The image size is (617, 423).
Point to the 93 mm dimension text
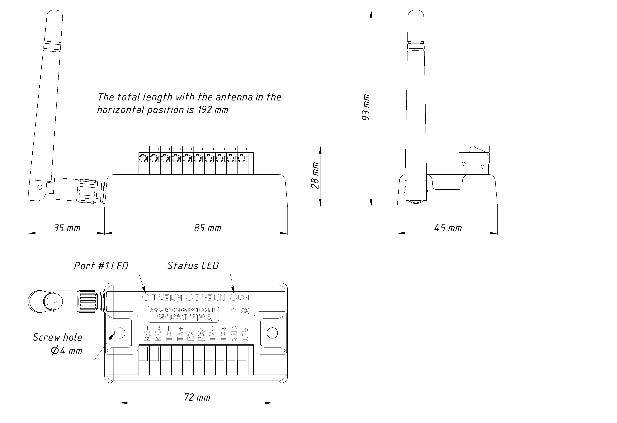(366, 107)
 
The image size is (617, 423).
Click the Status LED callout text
(193, 266)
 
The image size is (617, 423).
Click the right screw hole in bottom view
(272, 333)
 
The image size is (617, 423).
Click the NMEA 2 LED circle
(189, 297)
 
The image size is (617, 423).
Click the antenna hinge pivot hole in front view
(40, 187)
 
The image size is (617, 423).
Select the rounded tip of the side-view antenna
(416, 13)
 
